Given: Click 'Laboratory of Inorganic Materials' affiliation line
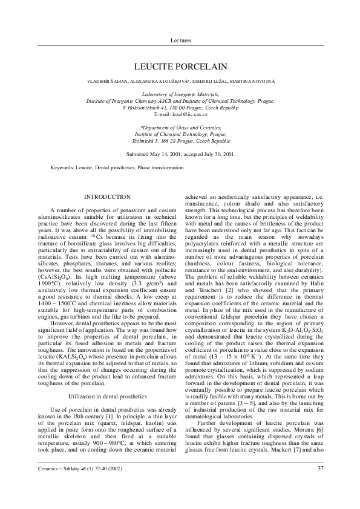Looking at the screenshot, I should [180, 96].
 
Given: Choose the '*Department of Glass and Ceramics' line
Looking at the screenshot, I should [180, 128].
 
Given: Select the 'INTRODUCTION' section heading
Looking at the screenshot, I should [107, 197].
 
